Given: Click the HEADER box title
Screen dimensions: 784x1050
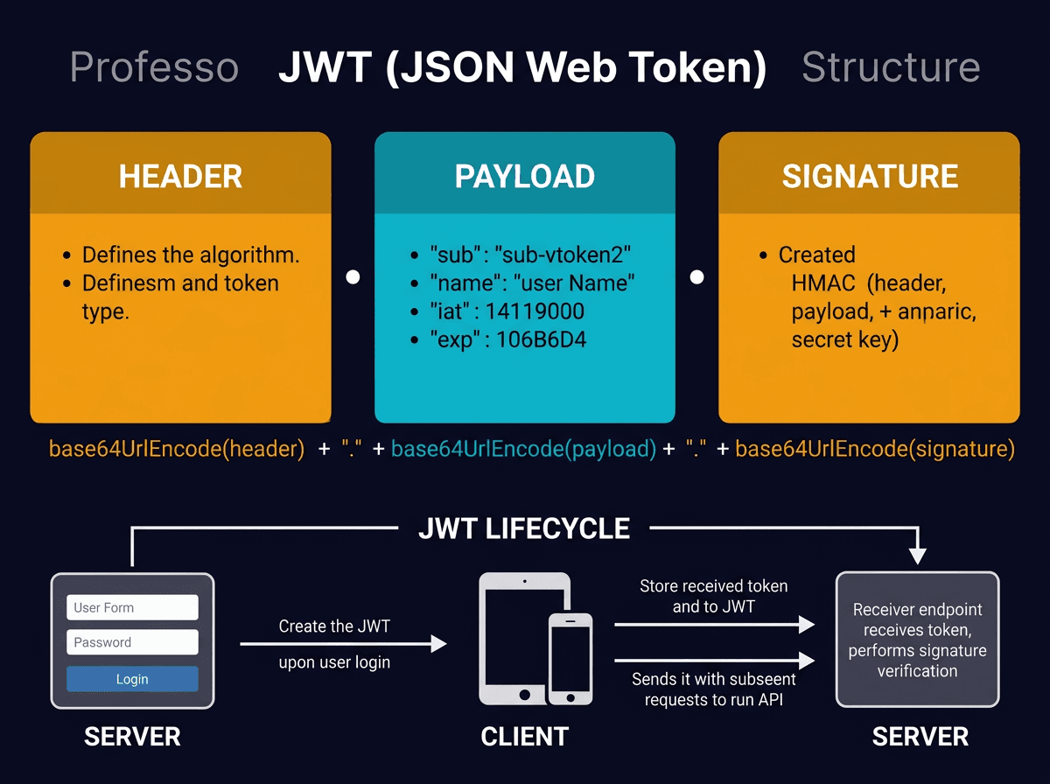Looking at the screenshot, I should point(180,176).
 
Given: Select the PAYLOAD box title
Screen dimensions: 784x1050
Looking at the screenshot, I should point(525,176).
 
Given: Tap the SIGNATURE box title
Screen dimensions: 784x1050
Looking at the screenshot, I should point(870,176).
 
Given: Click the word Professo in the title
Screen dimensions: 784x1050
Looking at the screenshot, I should point(154,67).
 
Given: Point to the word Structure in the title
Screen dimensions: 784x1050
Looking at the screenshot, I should point(891,67).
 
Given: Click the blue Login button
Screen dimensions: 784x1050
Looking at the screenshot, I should point(132,679).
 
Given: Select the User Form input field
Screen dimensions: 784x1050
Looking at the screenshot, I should point(132,607).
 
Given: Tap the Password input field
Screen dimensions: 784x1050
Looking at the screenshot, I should point(132,642).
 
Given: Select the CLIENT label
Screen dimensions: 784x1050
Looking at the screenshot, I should point(525,737).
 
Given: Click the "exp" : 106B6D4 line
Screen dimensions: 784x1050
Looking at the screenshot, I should point(507,339).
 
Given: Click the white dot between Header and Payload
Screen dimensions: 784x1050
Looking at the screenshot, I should point(353,277).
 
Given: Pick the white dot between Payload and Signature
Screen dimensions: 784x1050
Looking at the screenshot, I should point(697,277).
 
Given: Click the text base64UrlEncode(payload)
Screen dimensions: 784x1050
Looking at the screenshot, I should point(523,449).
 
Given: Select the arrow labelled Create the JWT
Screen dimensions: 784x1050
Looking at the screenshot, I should point(343,644).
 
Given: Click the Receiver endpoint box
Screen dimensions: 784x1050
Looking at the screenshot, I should point(917,640).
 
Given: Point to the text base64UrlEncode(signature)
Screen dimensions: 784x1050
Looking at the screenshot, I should point(874,449).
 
